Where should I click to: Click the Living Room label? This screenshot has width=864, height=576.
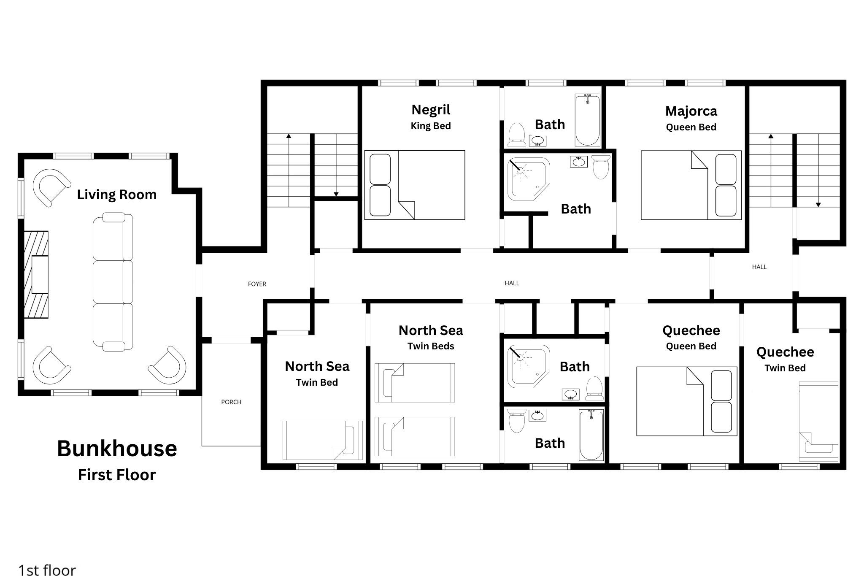coord(117,195)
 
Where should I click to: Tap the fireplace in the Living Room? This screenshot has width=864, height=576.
coord(36,274)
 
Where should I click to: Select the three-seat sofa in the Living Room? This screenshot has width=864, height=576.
coord(113,282)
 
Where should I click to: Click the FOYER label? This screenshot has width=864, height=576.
coord(257,284)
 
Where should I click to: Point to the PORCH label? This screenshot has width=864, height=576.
coord(231,402)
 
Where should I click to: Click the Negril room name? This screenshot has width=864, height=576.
coord(431,110)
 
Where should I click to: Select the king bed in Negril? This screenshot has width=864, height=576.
coord(415,185)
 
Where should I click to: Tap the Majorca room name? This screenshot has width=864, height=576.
coord(691,111)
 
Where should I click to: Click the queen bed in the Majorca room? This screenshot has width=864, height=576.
coord(691,185)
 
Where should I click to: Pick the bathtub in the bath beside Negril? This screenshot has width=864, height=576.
coord(587,120)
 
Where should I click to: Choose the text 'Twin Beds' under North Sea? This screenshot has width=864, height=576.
coord(431,346)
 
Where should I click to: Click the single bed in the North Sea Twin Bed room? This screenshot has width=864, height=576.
coord(322,440)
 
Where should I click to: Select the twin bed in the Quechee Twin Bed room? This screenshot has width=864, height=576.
coord(818,422)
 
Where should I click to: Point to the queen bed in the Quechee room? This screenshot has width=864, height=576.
coord(686,401)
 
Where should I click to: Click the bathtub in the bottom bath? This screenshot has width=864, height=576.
coord(591,435)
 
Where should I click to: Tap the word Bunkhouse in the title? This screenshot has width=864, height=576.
coord(117,449)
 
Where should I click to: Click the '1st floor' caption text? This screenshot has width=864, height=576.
coord(47,570)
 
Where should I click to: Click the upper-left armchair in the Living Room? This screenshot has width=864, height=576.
coord(51,187)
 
